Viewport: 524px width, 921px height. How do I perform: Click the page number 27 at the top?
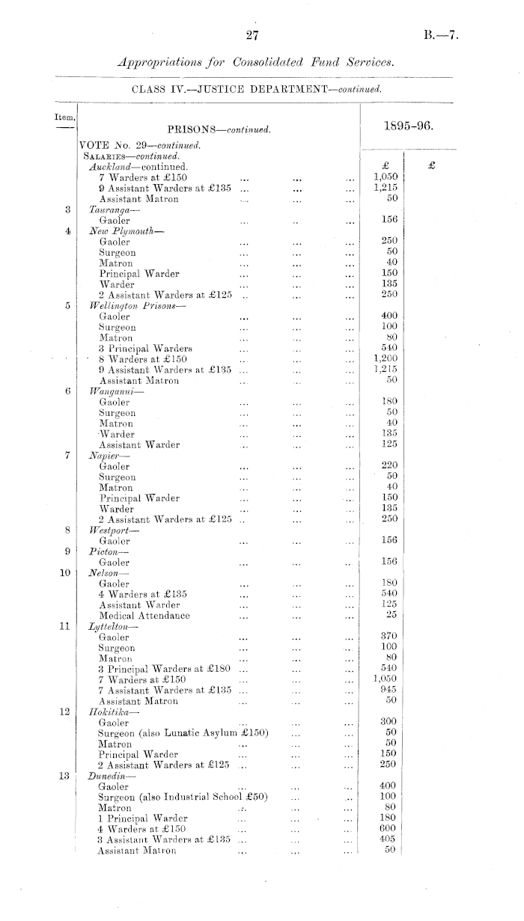251,35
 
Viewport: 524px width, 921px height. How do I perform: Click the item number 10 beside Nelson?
64,573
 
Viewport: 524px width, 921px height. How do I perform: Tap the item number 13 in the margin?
64,776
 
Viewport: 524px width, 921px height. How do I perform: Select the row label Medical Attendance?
144,616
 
